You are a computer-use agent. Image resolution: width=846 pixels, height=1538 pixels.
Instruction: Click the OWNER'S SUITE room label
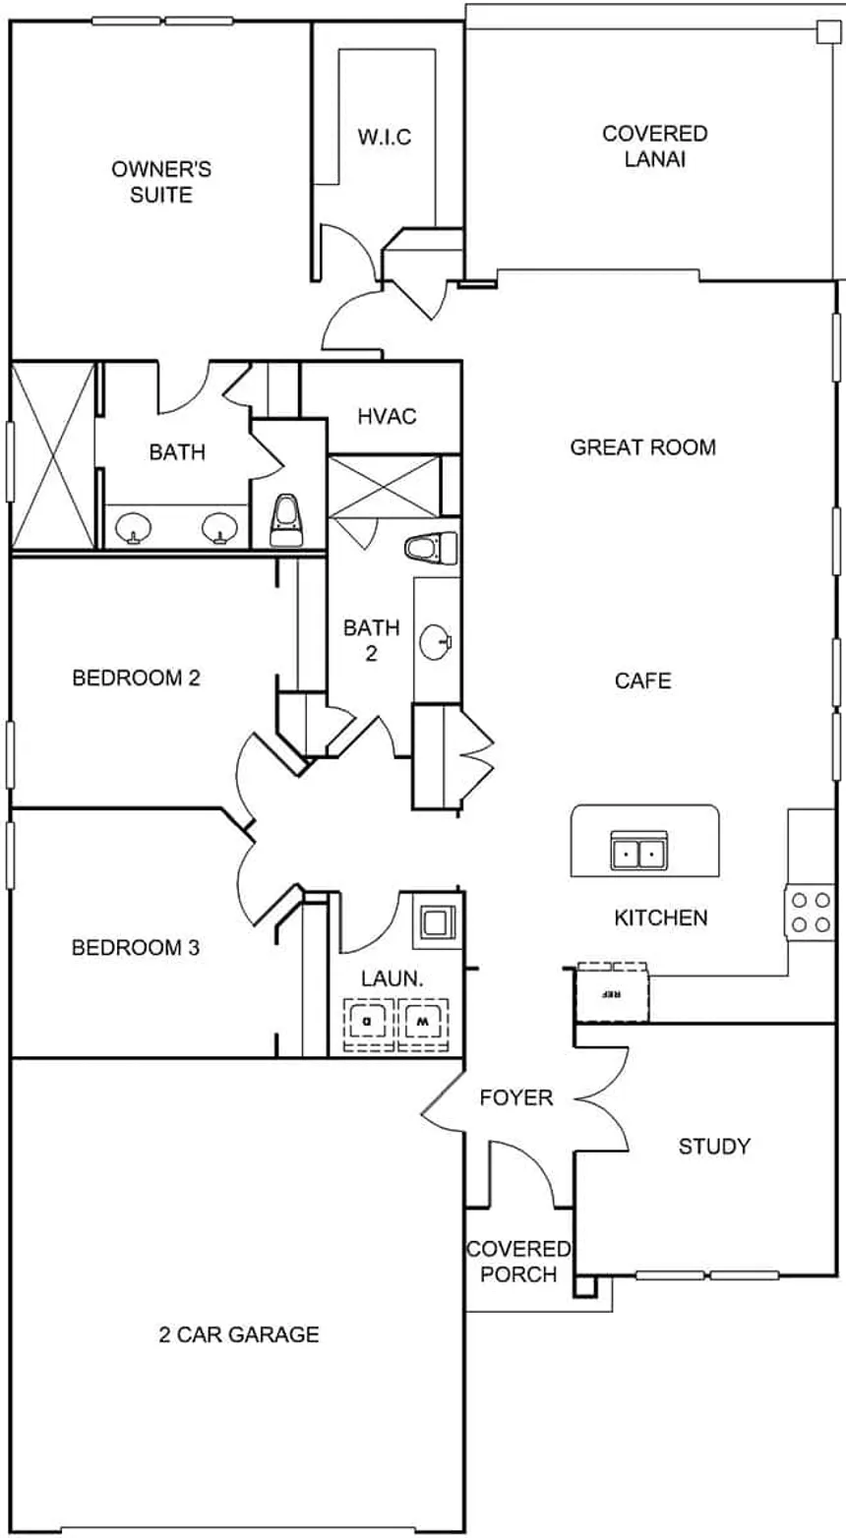(160, 182)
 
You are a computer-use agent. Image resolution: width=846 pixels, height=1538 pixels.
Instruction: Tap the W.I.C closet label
(384, 137)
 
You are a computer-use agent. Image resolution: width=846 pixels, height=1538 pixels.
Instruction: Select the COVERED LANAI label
(654, 146)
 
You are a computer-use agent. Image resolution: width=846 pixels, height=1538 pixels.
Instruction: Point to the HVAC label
(386, 416)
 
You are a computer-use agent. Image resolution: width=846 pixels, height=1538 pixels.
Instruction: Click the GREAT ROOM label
(642, 447)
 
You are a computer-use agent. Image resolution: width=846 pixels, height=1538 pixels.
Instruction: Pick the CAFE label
(642, 680)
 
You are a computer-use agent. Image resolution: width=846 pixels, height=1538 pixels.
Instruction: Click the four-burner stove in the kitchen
(810, 912)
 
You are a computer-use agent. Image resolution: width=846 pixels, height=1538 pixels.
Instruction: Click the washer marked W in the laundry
(423, 1023)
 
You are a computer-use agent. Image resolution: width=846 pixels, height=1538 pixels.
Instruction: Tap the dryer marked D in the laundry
(368, 1023)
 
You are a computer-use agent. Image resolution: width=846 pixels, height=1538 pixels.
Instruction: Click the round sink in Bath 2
(435, 644)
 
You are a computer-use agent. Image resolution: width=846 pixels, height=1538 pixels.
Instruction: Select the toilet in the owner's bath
(285, 521)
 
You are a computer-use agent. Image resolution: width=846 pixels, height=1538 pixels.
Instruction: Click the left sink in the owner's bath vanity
(130, 530)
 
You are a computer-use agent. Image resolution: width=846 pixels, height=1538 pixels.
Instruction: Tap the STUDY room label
(714, 1146)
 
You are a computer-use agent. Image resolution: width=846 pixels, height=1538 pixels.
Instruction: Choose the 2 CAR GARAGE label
(239, 1334)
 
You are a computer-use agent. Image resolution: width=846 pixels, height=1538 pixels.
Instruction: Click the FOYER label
(516, 1097)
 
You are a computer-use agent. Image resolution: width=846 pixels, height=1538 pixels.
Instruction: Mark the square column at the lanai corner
(823, 32)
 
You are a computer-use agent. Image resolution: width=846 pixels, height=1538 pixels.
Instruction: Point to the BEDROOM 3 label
(136, 948)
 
